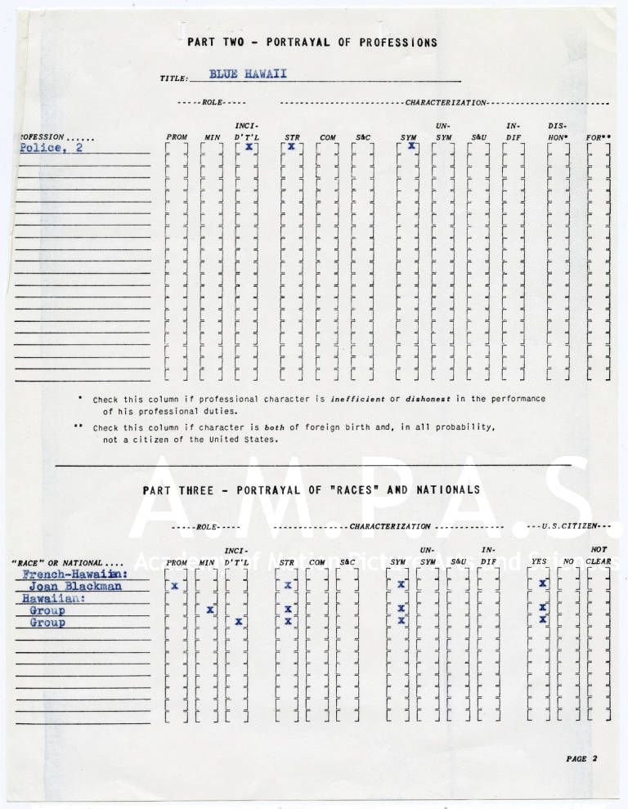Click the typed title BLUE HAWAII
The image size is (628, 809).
click(x=248, y=74)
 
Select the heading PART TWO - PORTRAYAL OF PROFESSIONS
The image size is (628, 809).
click(x=312, y=42)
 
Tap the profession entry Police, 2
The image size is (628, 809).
click(x=51, y=148)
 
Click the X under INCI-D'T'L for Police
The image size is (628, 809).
click(x=249, y=147)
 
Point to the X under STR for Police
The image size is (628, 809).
click(x=290, y=147)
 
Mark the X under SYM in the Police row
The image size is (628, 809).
click(x=411, y=146)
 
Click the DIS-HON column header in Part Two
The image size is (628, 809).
click(x=558, y=132)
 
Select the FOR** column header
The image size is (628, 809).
click(x=598, y=137)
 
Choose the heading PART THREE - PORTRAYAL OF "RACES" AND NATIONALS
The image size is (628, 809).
click(x=311, y=489)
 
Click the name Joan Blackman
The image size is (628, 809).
click(x=75, y=586)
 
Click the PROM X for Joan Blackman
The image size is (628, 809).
click(x=174, y=586)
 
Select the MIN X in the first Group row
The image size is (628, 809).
click(x=210, y=610)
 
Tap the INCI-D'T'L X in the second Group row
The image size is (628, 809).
click(x=238, y=622)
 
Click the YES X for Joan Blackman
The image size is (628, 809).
click(x=542, y=583)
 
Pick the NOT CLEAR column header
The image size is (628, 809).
click(x=599, y=556)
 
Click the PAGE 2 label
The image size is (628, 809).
click(x=581, y=758)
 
